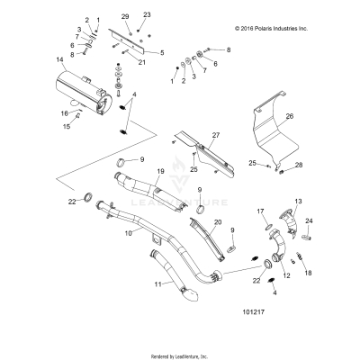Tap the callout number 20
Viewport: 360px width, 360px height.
[217, 222]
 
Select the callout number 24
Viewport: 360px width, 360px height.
[309, 221]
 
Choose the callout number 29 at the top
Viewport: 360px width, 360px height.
[125, 17]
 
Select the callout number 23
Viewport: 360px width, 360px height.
[148, 16]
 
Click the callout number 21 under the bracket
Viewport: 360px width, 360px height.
[142, 62]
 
